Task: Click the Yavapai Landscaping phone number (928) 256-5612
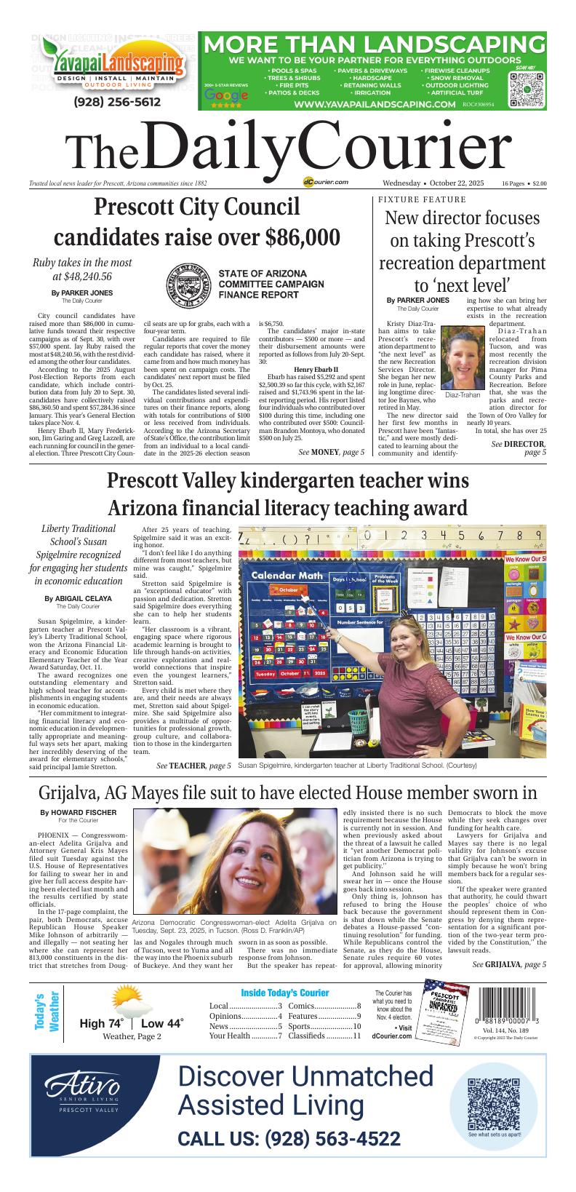(x=117, y=103)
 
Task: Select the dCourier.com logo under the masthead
(x=327, y=183)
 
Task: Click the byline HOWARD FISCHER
(x=78, y=812)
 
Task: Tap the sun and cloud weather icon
(x=129, y=1000)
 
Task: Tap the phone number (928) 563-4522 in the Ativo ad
(x=289, y=1139)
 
